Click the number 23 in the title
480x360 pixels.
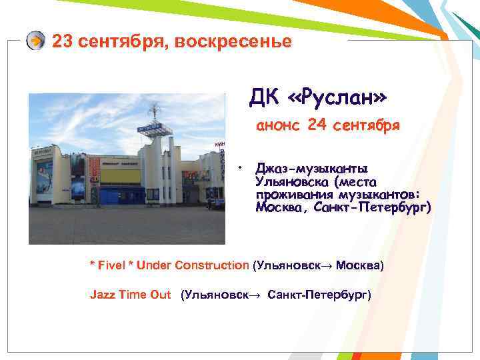[62, 41]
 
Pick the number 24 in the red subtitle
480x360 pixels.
[318, 125]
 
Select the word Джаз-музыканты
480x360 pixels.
[311, 169]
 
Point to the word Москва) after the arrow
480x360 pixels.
[360, 265]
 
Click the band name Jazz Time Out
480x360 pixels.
[130, 295]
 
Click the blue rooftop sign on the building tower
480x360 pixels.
[151, 129]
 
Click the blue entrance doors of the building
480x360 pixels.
[120, 195]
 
